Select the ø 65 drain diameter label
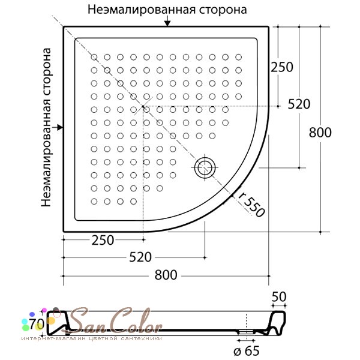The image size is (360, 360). (x=247, y=350)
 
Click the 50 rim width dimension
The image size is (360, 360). (x=279, y=296)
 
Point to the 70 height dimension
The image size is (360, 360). (x=37, y=325)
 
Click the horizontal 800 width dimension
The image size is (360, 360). (x=166, y=275)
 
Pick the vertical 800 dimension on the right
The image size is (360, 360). (x=320, y=133)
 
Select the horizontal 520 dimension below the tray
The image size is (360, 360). (x=140, y=257)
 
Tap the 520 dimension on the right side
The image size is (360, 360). (x=299, y=104)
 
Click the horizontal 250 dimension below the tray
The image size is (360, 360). (x=103, y=241)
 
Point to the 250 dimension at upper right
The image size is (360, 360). (x=282, y=67)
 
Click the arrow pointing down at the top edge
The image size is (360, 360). (x=167, y=21)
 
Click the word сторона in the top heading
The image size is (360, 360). (x=223, y=10)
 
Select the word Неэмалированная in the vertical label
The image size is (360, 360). (x=46, y=154)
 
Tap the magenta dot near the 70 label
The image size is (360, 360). (x=44, y=310)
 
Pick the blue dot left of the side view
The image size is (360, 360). (x=32, y=314)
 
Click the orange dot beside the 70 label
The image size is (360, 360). (x=51, y=321)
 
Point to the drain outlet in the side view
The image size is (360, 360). (x=246, y=332)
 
